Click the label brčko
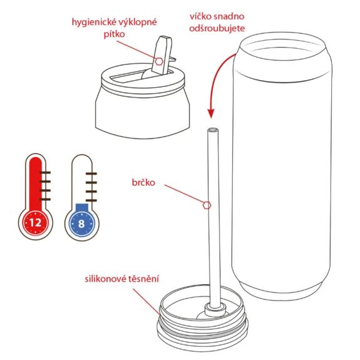pyautogui.click(x=145, y=183)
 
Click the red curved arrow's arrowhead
pyautogui.click(x=211, y=114)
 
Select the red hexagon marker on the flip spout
pyautogui.click(x=160, y=61)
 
